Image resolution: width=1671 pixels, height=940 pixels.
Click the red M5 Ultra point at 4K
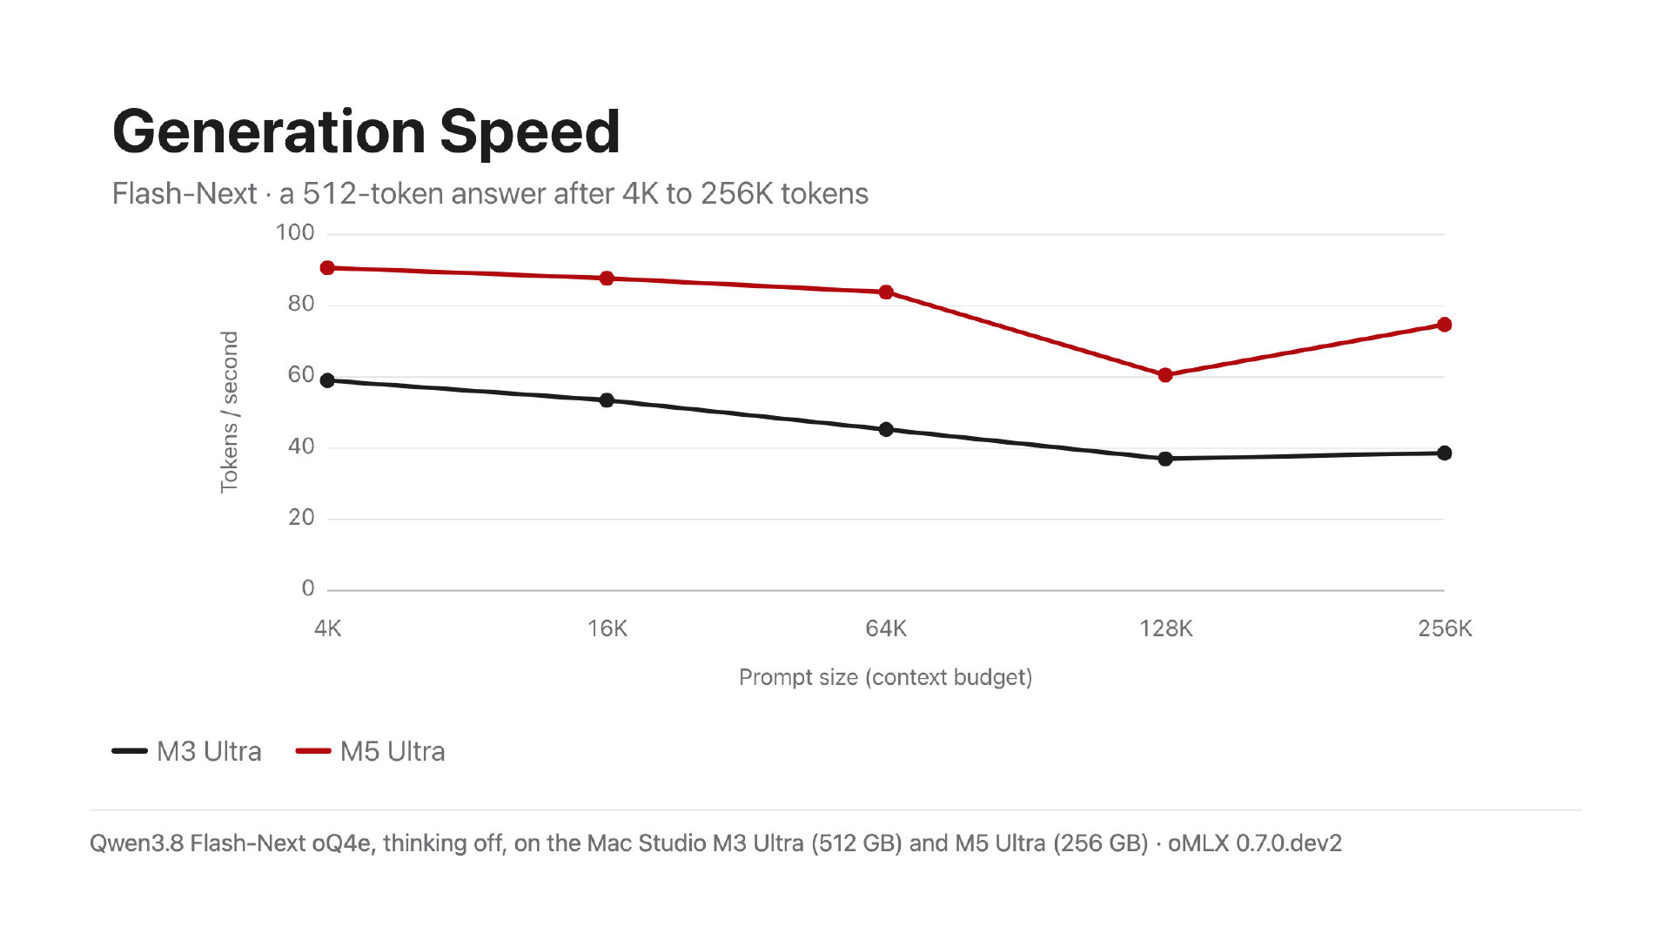pyautogui.click(x=327, y=268)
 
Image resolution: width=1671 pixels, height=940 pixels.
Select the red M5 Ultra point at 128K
pyautogui.click(x=1165, y=375)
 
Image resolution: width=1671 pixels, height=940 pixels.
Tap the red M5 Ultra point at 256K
pyautogui.click(x=1445, y=325)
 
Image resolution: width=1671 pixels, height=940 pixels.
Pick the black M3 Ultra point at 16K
pyautogui.click(x=607, y=400)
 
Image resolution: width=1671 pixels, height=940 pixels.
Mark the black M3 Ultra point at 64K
pyautogui.click(x=886, y=429)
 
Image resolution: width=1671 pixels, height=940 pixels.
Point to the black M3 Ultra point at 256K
pyautogui.click(x=1445, y=453)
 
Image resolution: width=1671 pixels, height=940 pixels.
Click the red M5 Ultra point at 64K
pyautogui.click(x=886, y=292)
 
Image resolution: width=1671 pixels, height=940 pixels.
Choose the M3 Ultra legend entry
pyautogui.click(x=187, y=751)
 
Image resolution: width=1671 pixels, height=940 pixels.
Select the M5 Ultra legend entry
pyautogui.click(x=371, y=751)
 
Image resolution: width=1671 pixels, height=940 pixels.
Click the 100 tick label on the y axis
pyautogui.click(x=295, y=232)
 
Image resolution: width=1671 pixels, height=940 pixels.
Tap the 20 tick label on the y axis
pyautogui.click(x=301, y=517)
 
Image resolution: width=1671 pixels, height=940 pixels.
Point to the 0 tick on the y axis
pyautogui.click(x=308, y=588)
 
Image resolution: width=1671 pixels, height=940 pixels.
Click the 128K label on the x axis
pyautogui.click(x=1166, y=628)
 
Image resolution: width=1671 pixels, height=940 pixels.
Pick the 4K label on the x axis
pyautogui.click(x=328, y=628)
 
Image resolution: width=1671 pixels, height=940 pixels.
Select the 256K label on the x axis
pyautogui.click(x=1445, y=628)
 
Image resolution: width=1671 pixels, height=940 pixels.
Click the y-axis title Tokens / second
pyautogui.click(x=229, y=412)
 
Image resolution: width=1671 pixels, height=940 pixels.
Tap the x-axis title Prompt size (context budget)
pyautogui.click(x=886, y=677)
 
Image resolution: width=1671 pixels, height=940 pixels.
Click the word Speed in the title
pyautogui.click(x=530, y=131)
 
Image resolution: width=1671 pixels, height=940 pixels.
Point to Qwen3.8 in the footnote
pyautogui.click(x=137, y=843)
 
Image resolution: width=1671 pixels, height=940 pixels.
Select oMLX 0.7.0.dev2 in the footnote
pyautogui.click(x=1255, y=843)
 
